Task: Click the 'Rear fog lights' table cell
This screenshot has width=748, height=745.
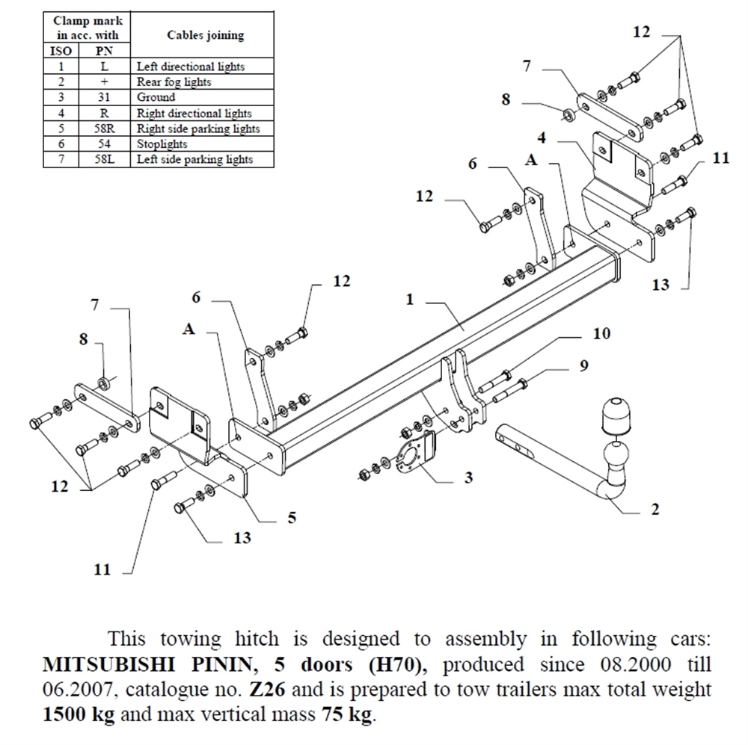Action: click(x=174, y=82)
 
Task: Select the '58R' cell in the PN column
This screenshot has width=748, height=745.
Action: click(x=105, y=129)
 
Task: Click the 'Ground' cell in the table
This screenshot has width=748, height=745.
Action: click(x=156, y=98)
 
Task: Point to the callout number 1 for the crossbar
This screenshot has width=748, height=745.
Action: click(x=410, y=300)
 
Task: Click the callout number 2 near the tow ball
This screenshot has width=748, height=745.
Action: click(x=655, y=510)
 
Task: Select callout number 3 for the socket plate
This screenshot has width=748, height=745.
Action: click(x=468, y=477)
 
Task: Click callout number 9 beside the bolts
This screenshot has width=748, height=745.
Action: click(x=583, y=365)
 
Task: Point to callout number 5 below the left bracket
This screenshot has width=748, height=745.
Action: click(x=292, y=516)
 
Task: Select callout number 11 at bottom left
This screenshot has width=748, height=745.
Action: click(x=102, y=570)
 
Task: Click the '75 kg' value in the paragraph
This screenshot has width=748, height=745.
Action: click(x=346, y=714)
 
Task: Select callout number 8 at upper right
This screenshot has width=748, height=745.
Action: click(x=506, y=99)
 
